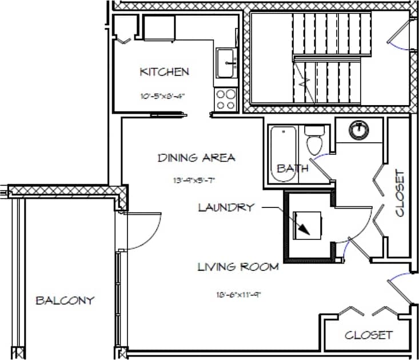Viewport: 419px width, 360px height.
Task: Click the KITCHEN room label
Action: tap(164, 72)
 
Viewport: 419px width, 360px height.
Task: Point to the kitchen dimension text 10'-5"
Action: tap(164, 95)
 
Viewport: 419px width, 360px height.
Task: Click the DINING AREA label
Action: tap(196, 158)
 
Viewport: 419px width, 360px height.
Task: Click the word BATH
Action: tap(293, 169)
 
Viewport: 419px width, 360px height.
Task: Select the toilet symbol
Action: tap(314, 140)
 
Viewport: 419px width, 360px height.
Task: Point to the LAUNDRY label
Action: tap(226, 207)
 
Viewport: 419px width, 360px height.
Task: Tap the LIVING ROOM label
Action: tap(238, 266)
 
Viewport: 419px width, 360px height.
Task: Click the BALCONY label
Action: tap(65, 301)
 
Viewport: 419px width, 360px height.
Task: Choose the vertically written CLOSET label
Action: tap(399, 193)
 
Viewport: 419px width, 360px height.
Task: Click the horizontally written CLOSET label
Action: tap(369, 335)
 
